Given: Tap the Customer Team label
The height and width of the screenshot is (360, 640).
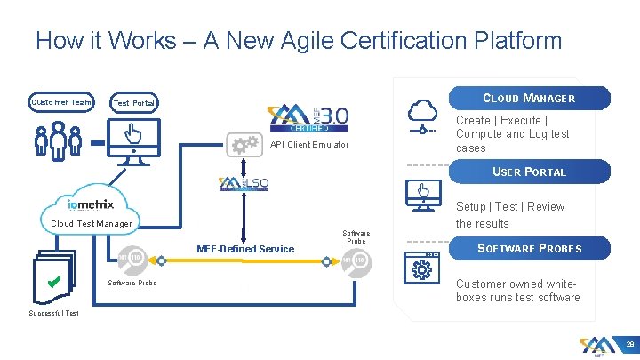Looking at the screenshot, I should [x=60, y=103].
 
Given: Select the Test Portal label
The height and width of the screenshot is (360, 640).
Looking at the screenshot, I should [x=134, y=104].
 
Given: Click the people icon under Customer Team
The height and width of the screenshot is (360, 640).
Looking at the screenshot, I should [x=56, y=140].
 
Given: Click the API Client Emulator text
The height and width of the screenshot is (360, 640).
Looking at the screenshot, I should [x=309, y=145].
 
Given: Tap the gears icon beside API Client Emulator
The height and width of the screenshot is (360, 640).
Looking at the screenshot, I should [x=244, y=144].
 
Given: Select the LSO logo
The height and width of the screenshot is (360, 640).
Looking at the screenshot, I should [x=244, y=184].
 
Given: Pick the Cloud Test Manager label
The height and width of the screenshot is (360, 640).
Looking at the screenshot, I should [x=92, y=224].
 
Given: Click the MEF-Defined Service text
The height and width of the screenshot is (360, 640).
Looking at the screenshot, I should [x=244, y=249].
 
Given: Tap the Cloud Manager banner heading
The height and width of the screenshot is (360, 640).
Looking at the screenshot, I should [x=528, y=99].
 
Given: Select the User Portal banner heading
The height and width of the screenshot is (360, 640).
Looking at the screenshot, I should [x=529, y=172].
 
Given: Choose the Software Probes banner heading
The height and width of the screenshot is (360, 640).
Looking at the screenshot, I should [x=529, y=248].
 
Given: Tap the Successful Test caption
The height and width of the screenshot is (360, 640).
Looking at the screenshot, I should [x=53, y=313].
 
